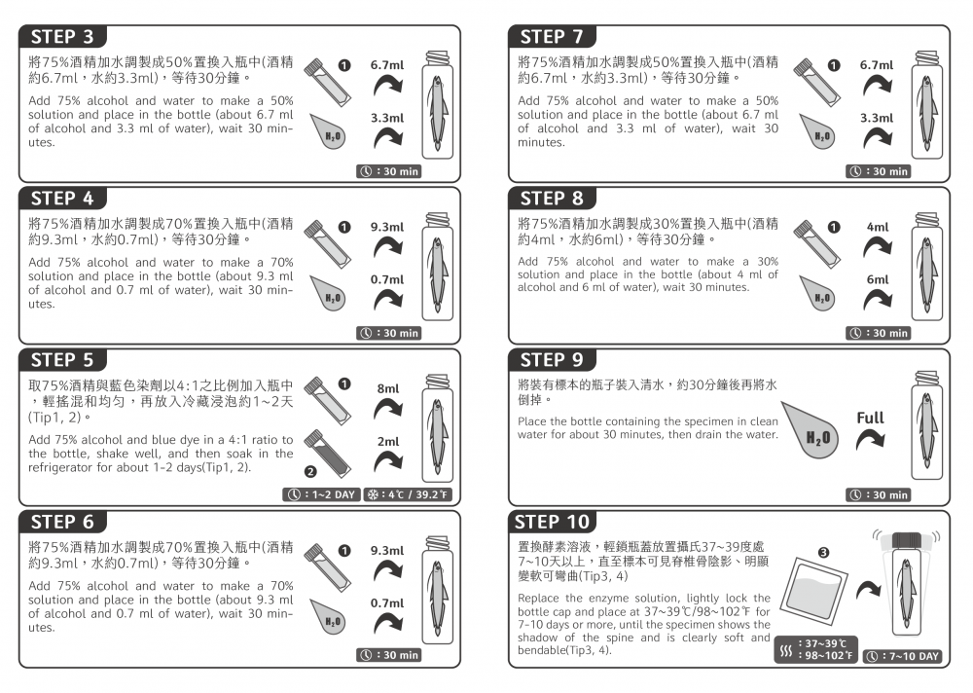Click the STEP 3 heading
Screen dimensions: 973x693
tap(62, 37)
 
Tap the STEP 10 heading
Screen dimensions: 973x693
tap(552, 522)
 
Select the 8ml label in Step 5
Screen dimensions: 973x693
tap(388, 388)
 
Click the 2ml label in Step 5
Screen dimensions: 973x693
tap(388, 442)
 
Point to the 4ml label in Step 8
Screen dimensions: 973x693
tap(878, 228)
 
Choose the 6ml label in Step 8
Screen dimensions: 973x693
tap(878, 280)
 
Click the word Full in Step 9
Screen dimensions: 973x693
tap(870, 418)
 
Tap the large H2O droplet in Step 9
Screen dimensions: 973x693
tap(811, 429)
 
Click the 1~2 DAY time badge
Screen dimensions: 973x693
tap(321, 494)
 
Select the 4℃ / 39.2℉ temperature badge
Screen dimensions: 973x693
tap(408, 494)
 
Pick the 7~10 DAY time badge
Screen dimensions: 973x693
tap(903, 656)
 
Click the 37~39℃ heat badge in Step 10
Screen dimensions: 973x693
tap(816, 649)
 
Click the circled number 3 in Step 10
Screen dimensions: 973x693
tap(823, 553)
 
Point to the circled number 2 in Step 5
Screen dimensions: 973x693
tap(310, 472)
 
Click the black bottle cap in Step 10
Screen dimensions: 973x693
tap(907, 541)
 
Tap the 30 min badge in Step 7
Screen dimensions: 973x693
tap(878, 171)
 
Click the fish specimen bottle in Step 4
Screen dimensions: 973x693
tap(438, 266)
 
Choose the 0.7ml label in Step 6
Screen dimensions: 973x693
tap(387, 603)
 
